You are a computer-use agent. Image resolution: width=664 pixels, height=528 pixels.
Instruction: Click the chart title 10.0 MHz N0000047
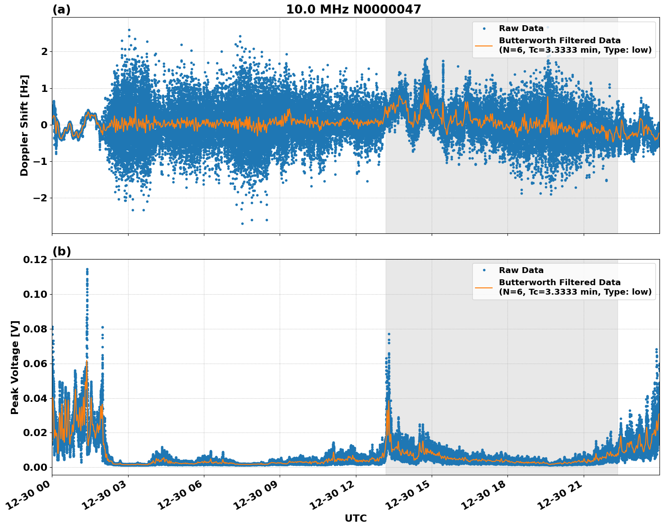(353, 9)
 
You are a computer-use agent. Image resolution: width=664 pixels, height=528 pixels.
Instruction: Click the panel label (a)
(61, 9)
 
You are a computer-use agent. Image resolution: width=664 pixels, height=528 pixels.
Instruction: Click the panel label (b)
(61, 251)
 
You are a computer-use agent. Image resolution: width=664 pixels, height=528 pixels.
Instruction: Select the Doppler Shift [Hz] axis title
(24, 125)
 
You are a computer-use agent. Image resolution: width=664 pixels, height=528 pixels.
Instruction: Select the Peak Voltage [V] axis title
(15, 367)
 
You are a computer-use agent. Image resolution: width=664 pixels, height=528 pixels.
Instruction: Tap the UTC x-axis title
(355, 518)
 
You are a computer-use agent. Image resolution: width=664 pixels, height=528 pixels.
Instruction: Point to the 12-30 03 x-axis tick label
(107, 498)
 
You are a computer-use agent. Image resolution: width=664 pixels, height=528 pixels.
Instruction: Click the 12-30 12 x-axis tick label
(335, 498)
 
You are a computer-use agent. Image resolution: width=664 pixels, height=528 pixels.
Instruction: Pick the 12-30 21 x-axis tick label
(563, 498)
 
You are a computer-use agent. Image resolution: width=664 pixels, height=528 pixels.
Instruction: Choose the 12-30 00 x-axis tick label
(31, 498)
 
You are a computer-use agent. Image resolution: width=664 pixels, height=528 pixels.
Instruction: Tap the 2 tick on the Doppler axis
(44, 51)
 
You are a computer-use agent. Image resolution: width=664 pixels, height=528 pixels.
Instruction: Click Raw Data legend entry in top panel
(521, 28)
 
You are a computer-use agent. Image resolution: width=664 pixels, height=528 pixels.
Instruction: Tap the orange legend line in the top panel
(484, 45)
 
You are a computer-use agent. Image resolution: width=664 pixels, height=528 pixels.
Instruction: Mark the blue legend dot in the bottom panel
(484, 270)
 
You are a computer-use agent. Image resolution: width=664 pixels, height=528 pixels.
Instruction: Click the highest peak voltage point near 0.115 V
(87, 269)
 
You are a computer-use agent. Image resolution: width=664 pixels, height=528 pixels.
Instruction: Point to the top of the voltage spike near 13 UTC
(389, 334)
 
